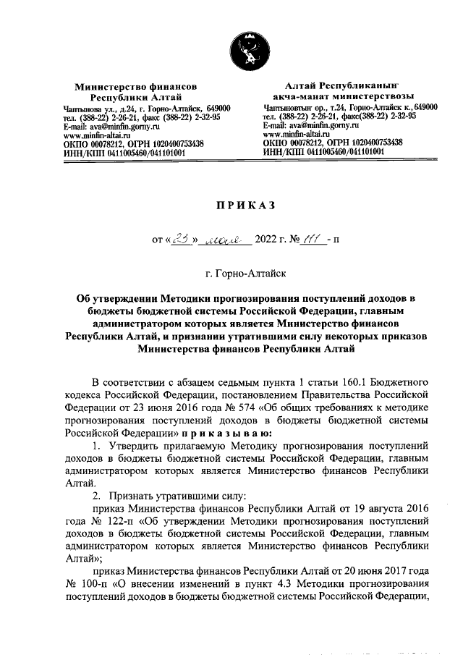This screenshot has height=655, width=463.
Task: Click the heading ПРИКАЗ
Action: coord(247,206)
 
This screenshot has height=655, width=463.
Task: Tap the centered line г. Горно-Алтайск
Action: coord(246,274)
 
